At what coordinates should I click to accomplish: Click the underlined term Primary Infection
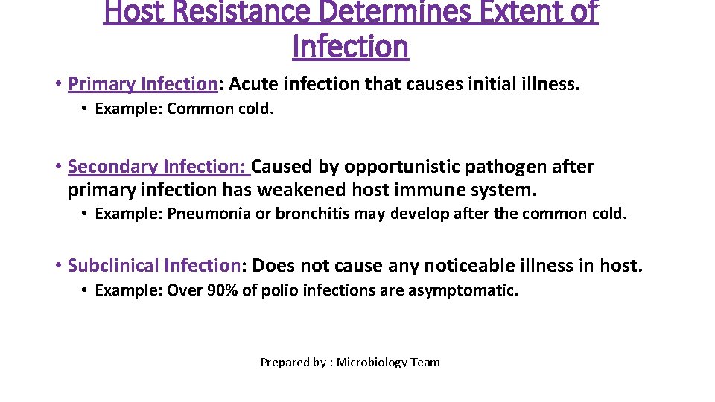[x=142, y=84]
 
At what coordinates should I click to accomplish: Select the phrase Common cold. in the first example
[x=220, y=109]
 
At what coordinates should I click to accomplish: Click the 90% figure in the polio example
[x=220, y=290]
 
